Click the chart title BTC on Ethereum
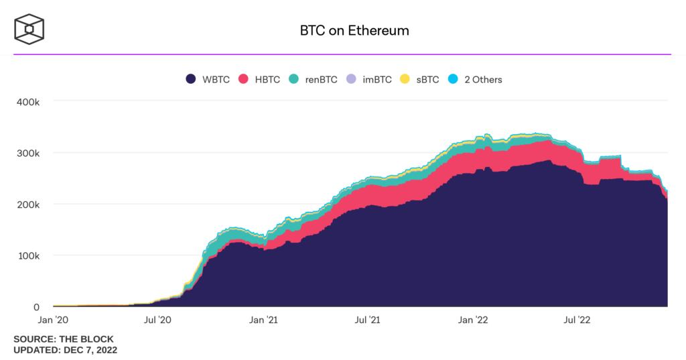point(354,31)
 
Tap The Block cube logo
point(29,29)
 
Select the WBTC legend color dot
point(191,79)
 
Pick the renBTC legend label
point(321,79)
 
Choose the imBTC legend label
point(376,79)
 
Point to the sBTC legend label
point(427,79)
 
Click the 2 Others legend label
point(482,79)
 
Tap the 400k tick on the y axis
point(28,102)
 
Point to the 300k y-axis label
point(28,153)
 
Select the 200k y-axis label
point(28,204)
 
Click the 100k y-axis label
point(28,255)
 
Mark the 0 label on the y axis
point(38,306)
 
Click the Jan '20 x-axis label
point(53,320)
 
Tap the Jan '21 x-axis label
point(264,320)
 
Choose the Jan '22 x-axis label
point(476,320)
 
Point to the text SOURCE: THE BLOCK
point(64,339)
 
